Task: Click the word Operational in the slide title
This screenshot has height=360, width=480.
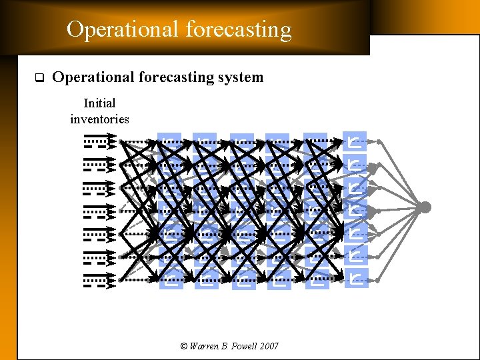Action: (x=123, y=30)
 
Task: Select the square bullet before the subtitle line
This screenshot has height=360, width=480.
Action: (x=38, y=78)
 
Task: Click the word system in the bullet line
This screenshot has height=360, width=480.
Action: (x=240, y=77)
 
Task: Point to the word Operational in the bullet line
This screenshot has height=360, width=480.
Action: (x=93, y=77)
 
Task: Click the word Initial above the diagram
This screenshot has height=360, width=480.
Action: (x=99, y=103)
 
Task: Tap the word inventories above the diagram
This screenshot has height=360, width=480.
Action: (x=99, y=119)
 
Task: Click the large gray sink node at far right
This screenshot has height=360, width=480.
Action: (x=424, y=207)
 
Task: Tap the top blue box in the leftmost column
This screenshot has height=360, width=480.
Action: (x=171, y=142)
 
